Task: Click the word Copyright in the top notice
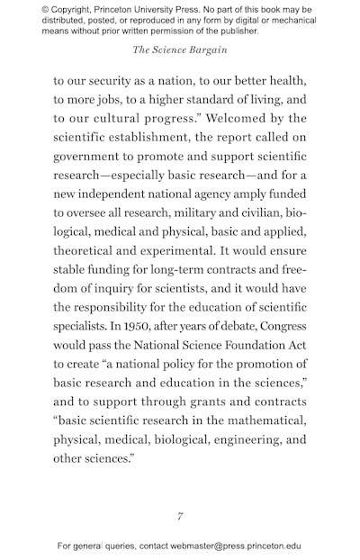[81, 10]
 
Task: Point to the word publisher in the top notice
[229, 31]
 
